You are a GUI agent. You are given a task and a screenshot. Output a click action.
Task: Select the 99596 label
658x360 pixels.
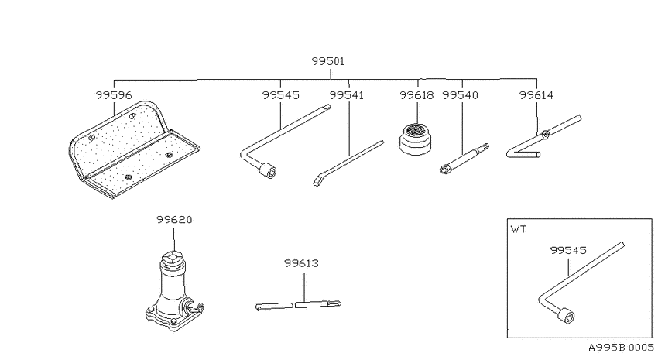[114, 95]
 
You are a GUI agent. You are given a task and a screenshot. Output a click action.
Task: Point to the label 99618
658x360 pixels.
[417, 95]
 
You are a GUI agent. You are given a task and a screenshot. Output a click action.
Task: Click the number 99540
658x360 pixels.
[461, 95]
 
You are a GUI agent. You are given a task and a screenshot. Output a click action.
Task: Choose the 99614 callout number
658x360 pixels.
[536, 95]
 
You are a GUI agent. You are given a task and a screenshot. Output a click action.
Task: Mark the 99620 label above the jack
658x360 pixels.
[174, 219]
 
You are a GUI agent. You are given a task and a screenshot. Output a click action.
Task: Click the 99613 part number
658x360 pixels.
[302, 263]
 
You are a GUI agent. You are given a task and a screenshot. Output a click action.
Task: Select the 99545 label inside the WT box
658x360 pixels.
[568, 250]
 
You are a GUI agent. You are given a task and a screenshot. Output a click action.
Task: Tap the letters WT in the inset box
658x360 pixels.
[517, 230]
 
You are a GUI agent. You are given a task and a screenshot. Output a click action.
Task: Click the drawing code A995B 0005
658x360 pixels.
[621, 348]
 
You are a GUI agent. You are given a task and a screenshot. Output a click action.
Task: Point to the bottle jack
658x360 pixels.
[174, 290]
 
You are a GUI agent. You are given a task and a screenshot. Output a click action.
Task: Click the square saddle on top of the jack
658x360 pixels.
[174, 259]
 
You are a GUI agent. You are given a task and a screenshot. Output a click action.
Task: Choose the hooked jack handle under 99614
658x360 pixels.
[542, 139]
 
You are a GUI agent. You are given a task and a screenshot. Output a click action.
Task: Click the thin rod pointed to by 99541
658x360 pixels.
[348, 161]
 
